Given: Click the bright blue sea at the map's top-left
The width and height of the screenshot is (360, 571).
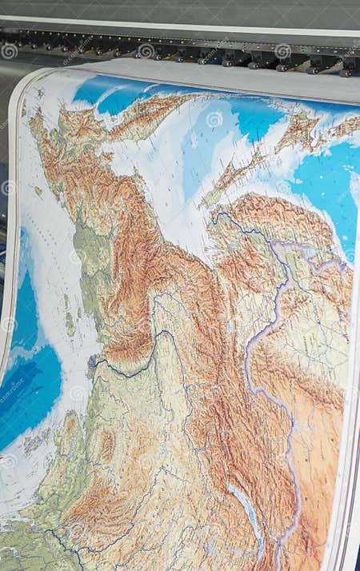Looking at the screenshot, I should [104, 92].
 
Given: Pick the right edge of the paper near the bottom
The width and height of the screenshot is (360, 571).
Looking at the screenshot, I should [349, 496].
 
